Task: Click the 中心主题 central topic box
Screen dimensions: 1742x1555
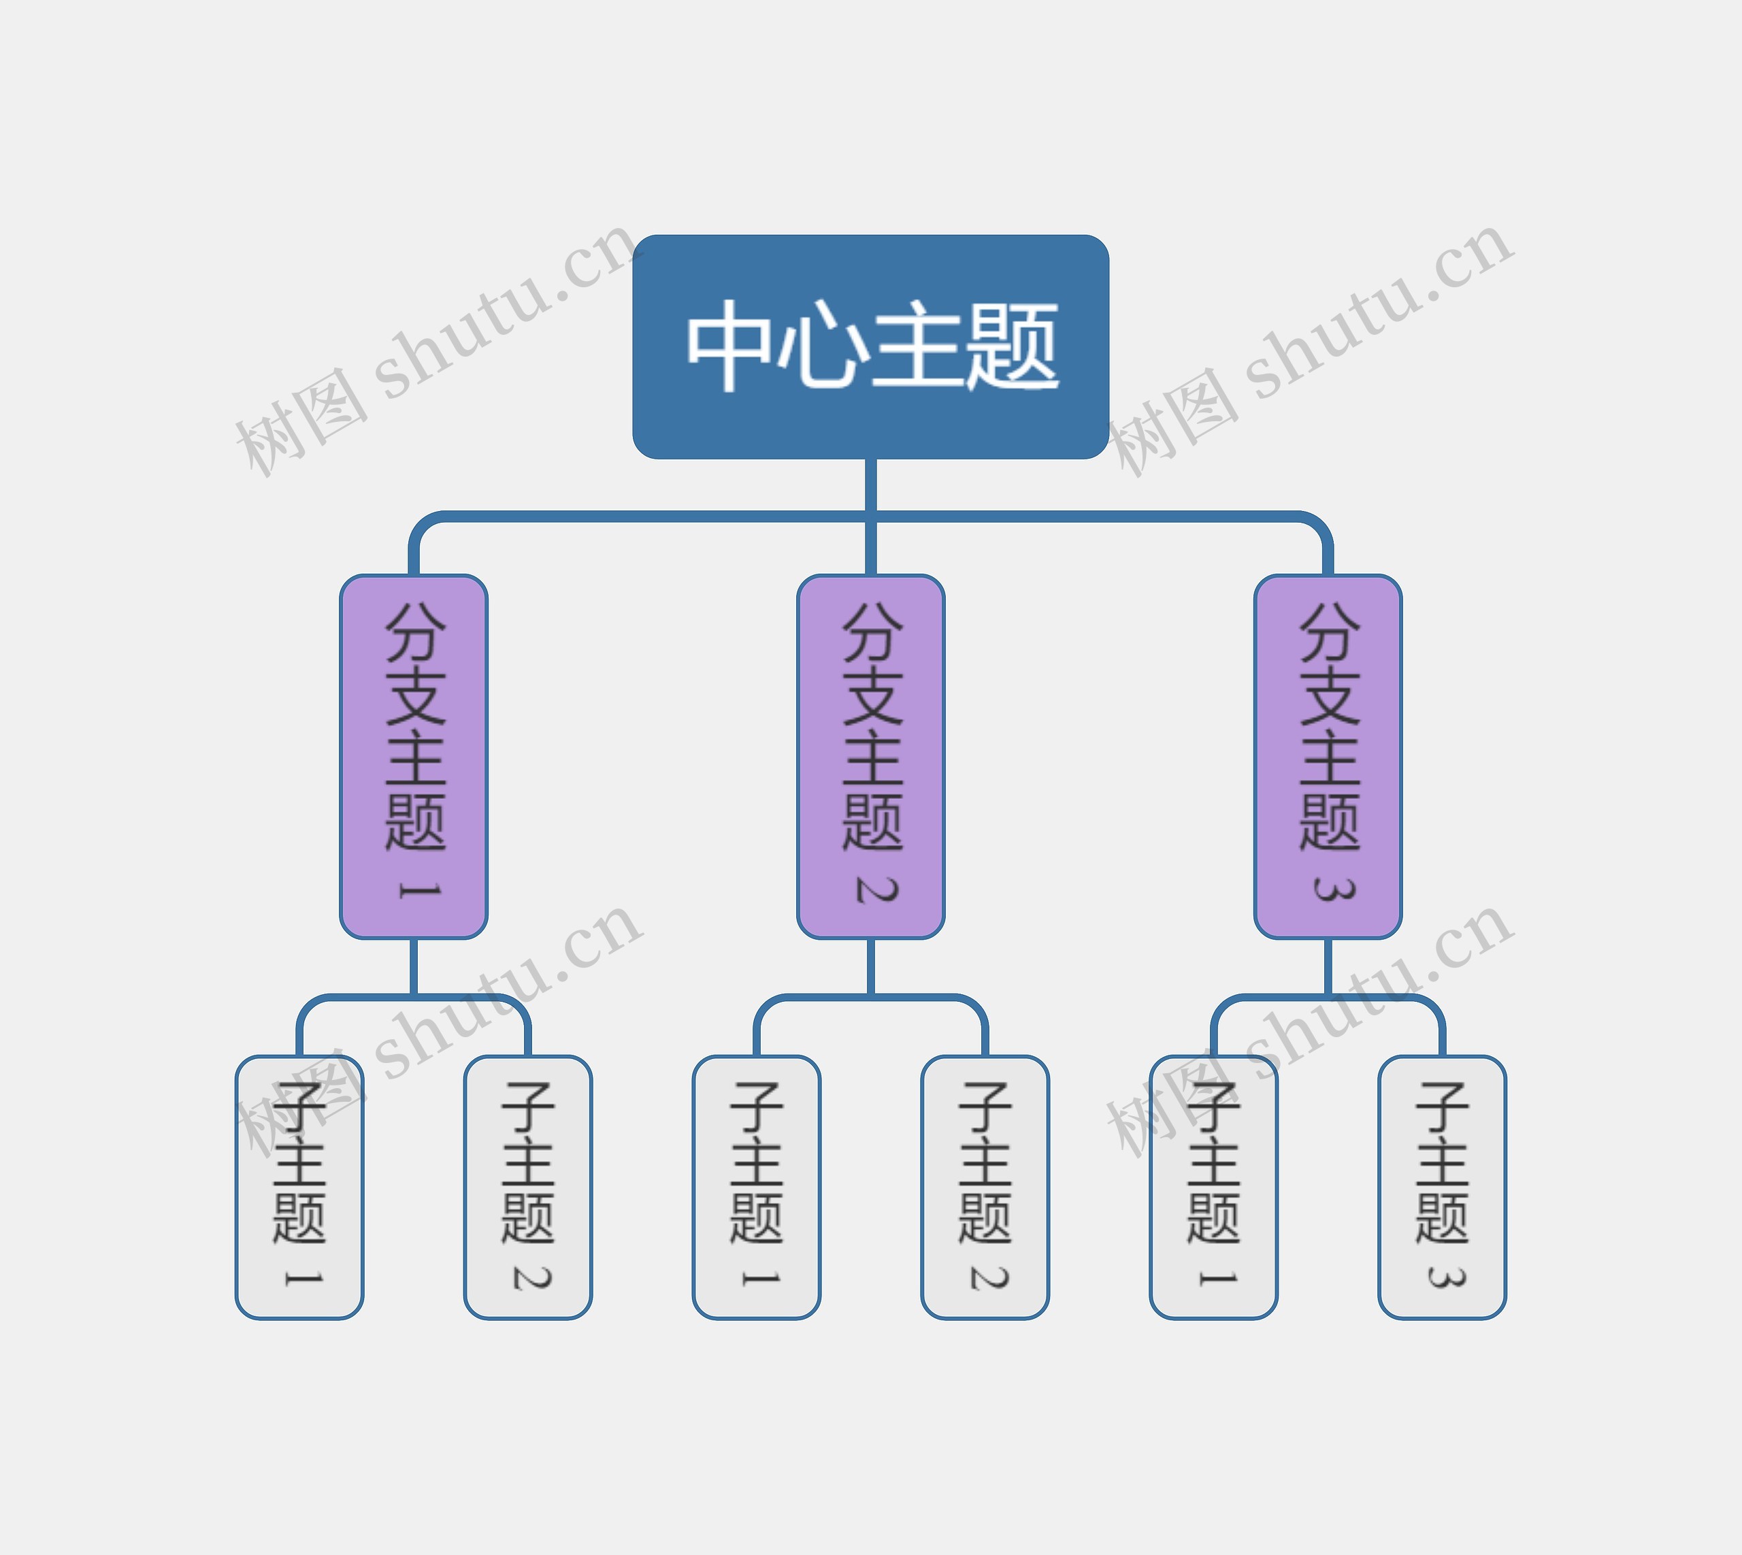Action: [x=870, y=347]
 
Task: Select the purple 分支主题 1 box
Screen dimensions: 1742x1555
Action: [x=414, y=757]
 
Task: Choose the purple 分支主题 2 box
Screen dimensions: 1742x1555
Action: [x=870, y=757]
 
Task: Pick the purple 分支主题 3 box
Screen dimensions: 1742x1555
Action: [x=1328, y=757]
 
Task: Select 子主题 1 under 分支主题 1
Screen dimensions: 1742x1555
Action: [x=299, y=1188]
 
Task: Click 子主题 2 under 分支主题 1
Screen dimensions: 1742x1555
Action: [x=528, y=1188]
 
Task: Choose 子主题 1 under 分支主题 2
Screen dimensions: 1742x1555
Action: [x=756, y=1188]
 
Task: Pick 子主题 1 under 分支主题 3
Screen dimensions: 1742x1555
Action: [x=1213, y=1188]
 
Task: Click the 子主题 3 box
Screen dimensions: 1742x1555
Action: [x=1442, y=1188]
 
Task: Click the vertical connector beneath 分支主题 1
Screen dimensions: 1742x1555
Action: [x=414, y=968]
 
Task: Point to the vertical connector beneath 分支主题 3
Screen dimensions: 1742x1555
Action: [x=1328, y=968]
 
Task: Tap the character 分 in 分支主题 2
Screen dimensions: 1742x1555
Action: [x=872, y=632]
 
